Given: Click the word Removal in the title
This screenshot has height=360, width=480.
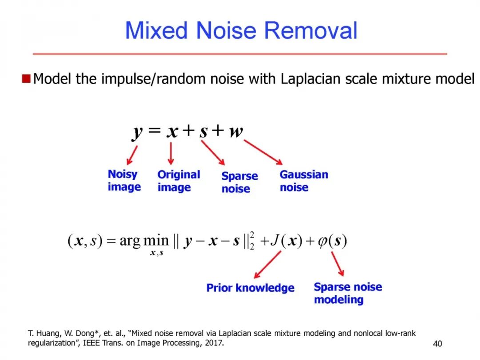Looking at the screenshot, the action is [x=312, y=31].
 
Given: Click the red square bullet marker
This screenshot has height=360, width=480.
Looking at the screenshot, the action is [x=26, y=79].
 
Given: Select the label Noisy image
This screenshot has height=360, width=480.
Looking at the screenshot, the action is [x=124, y=180].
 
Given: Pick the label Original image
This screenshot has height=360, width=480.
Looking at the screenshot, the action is [x=179, y=181].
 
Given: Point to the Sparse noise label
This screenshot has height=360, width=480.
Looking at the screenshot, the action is [x=240, y=182].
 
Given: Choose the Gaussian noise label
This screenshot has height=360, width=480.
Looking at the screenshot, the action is [x=304, y=180].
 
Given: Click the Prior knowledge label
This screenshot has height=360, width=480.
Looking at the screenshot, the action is [x=250, y=288].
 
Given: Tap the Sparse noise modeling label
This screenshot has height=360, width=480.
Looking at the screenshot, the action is [x=348, y=293].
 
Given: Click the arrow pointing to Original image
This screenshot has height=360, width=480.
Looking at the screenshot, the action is [x=171, y=153].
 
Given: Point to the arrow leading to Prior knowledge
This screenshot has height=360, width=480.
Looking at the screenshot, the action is [x=267, y=264].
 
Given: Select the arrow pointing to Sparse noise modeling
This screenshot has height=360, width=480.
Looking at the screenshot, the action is [x=338, y=264].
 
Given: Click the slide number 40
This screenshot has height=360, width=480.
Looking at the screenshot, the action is [x=438, y=344].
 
